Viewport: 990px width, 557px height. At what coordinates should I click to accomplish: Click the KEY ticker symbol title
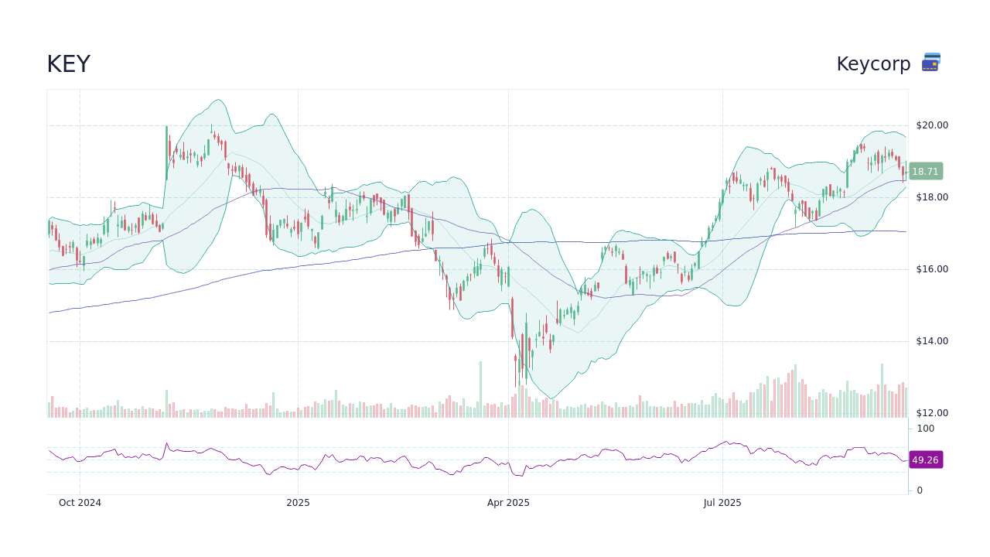68,64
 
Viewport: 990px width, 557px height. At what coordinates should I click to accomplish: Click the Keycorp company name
873,64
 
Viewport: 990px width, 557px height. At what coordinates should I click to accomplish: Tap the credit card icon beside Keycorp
931,63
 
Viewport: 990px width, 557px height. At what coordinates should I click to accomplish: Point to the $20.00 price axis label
931,125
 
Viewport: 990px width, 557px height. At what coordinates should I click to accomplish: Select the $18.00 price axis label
931,197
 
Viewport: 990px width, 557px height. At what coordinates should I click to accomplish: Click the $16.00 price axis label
931,269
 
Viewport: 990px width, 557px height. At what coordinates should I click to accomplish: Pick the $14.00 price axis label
931,341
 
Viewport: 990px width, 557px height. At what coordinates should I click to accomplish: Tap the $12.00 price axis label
931,413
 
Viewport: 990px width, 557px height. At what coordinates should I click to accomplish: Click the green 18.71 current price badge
925,172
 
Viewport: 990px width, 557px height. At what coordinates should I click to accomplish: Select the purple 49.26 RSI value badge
925,460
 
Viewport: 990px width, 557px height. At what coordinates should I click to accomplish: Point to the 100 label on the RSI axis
926,429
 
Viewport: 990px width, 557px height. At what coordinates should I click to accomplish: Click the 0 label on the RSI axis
920,490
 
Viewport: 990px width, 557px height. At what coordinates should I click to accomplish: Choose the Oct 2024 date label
80,503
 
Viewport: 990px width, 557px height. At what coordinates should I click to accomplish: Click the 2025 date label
298,503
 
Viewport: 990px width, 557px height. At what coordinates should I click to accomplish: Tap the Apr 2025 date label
508,503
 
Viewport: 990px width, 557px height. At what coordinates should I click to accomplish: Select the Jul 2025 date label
722,503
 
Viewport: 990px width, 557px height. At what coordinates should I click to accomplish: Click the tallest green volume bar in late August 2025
882,391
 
